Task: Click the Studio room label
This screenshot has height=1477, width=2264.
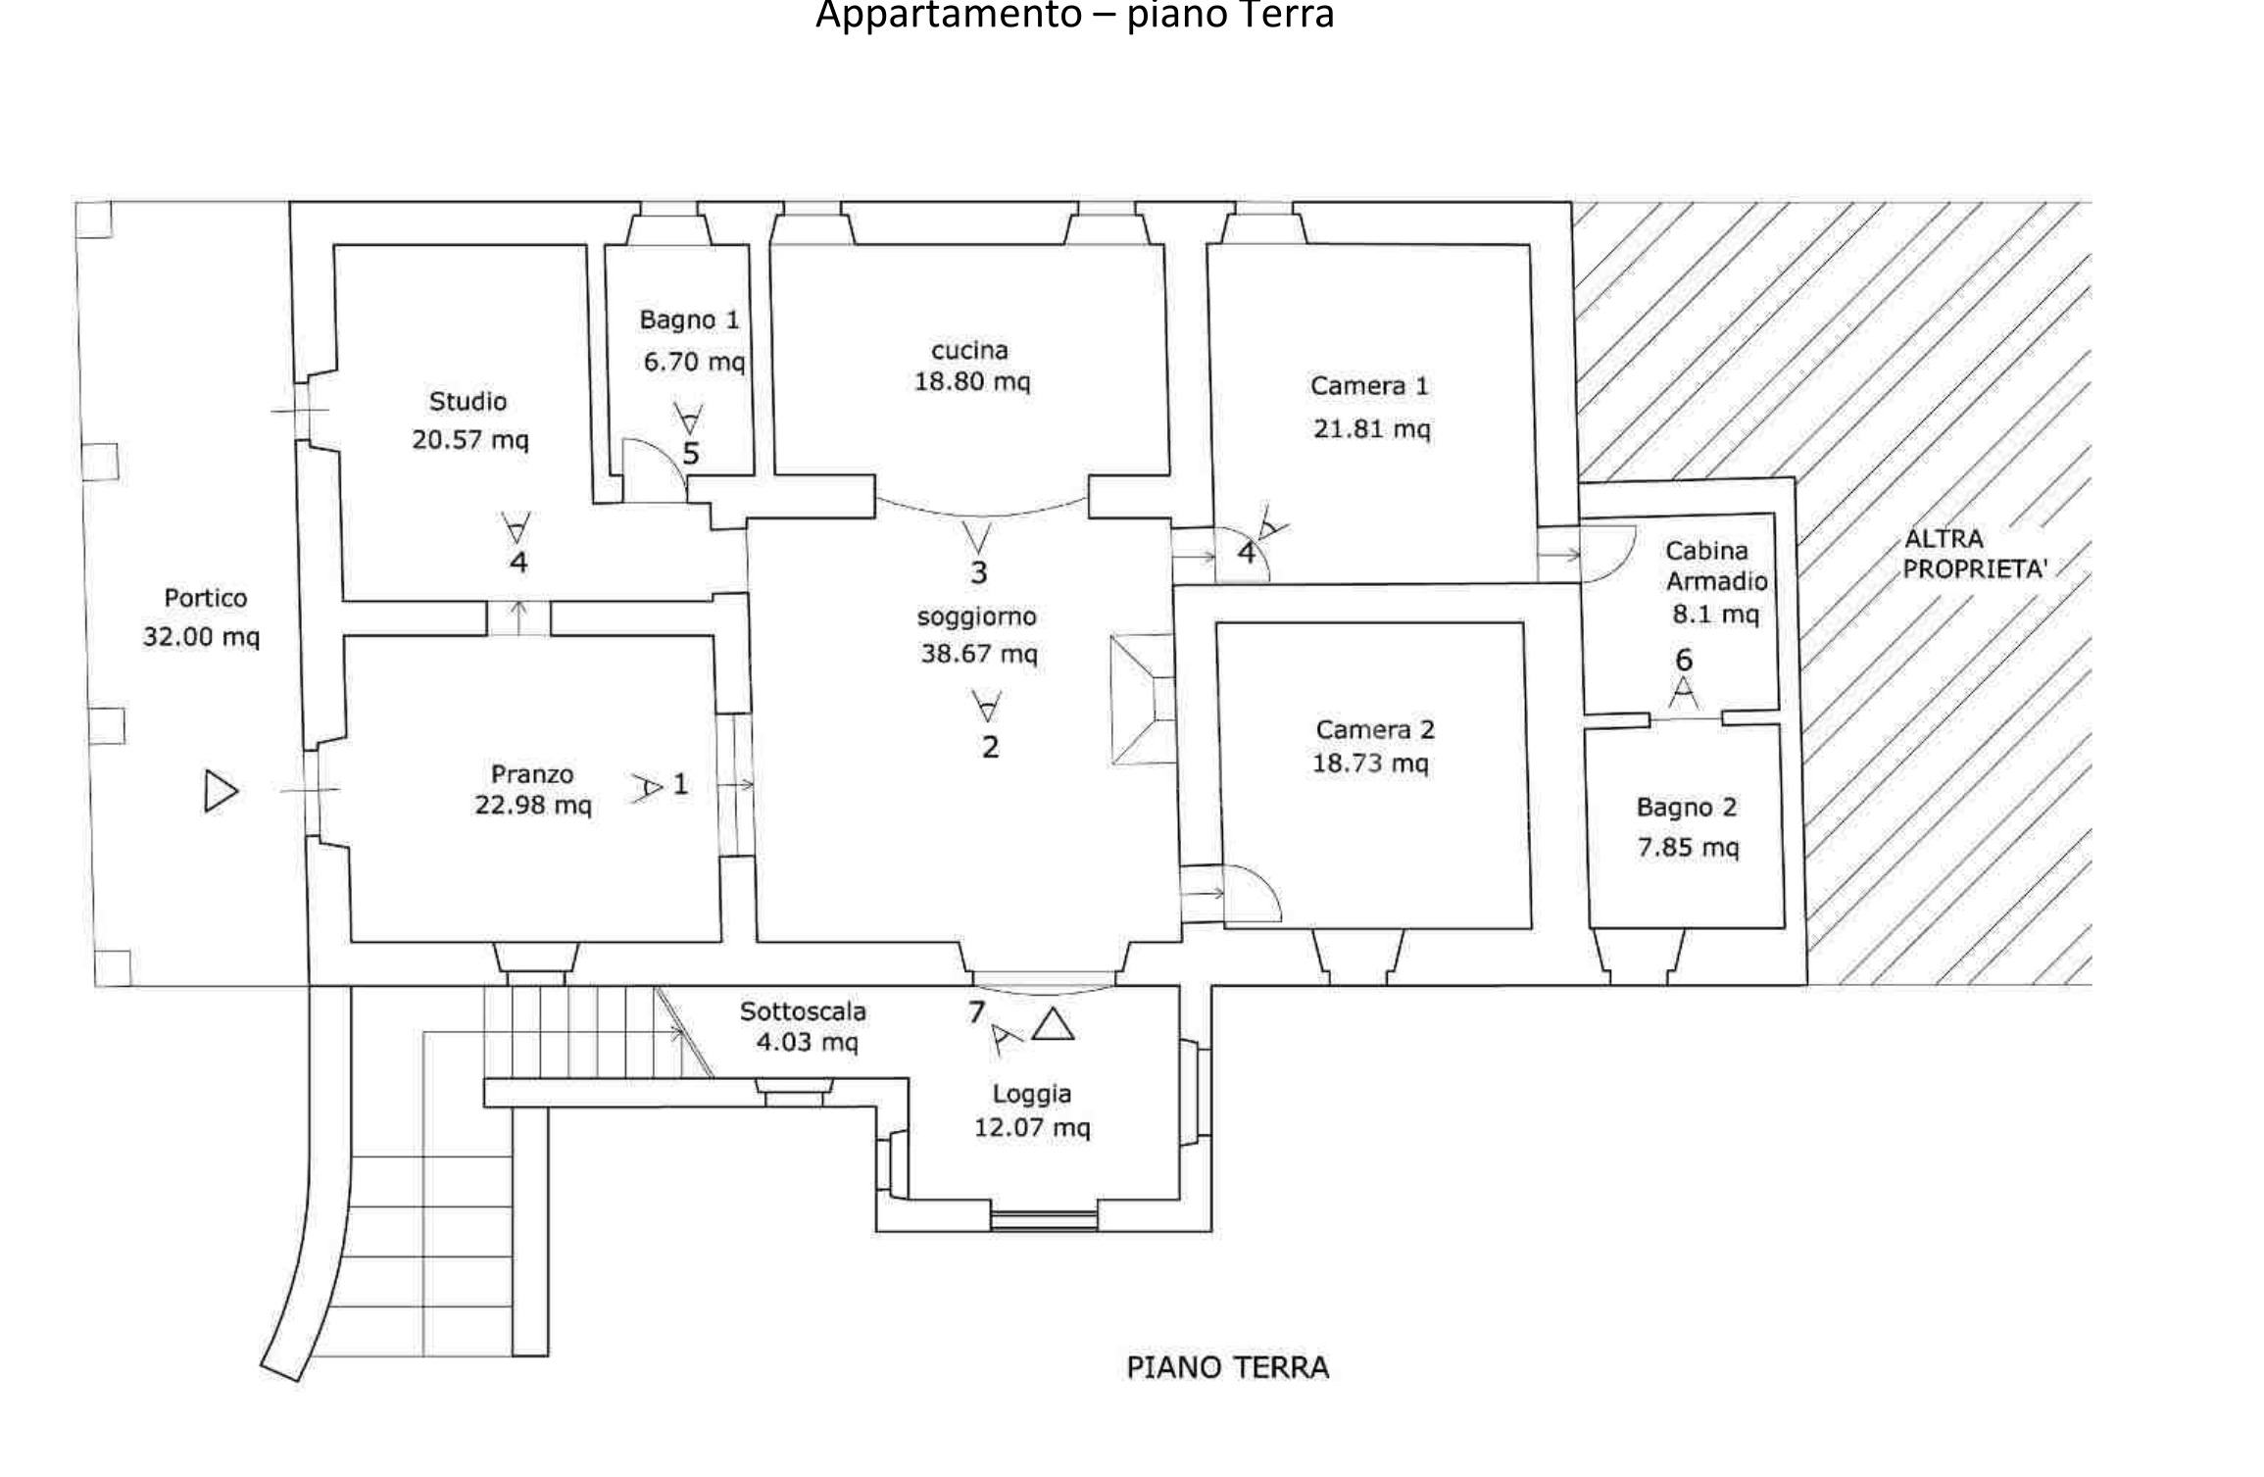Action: pyautogui.click(x=468, y=401)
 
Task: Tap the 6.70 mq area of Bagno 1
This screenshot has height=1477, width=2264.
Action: pyautogui.click(x=694, y=363)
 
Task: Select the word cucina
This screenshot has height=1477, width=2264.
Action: pyautogui.click(x=969, y=350)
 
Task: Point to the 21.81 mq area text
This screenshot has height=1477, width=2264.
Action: pyautogui.click(x=1371, y=428)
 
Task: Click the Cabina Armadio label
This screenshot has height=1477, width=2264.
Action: pyautogui.click(x=1716, y=566)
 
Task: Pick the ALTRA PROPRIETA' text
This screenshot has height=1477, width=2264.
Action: pyautogui.click(x=1974, y=554)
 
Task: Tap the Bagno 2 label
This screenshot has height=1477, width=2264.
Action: pyautogui.click(x=1686, y=808)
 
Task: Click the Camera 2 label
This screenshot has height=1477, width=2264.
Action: pyautogui.click(x=1374, y=729)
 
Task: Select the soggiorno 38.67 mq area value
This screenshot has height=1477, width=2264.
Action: pyautogui.click(x=978, y=654)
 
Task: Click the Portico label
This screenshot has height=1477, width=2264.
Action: pyautogui.click(x=205, y=598)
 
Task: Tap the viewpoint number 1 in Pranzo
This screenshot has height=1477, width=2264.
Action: pyautogui.click(x=680, y=784)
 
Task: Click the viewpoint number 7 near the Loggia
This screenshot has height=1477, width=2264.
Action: pyautogui.click(x=976, y=1011)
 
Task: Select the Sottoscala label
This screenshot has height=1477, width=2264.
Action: pyautogui.click(x=802, y=1010)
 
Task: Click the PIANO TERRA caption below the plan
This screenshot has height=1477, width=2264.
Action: pyautogui.click(x=1227, y=1367)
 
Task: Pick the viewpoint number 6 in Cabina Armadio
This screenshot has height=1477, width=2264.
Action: pyautogui.click(x=1684, y=660)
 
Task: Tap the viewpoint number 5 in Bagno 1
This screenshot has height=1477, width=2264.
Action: pyautogui.click(x=691, y=454)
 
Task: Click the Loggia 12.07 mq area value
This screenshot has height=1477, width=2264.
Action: pyautogui.click(x=1031, y=1127)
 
